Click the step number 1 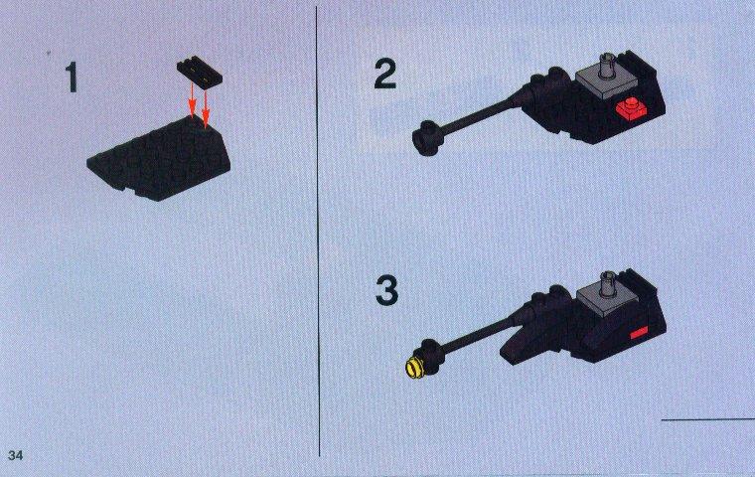[72, 78]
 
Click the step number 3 [386, 290]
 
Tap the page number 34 [16, 455]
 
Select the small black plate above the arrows [200, 73]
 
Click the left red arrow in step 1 [192, 100]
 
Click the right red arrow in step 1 [206, 108]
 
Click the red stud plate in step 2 [630, 109]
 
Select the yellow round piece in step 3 [413, 369]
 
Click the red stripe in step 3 [639, 333]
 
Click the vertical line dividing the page [317, 232]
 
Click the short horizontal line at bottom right [707, 419]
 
